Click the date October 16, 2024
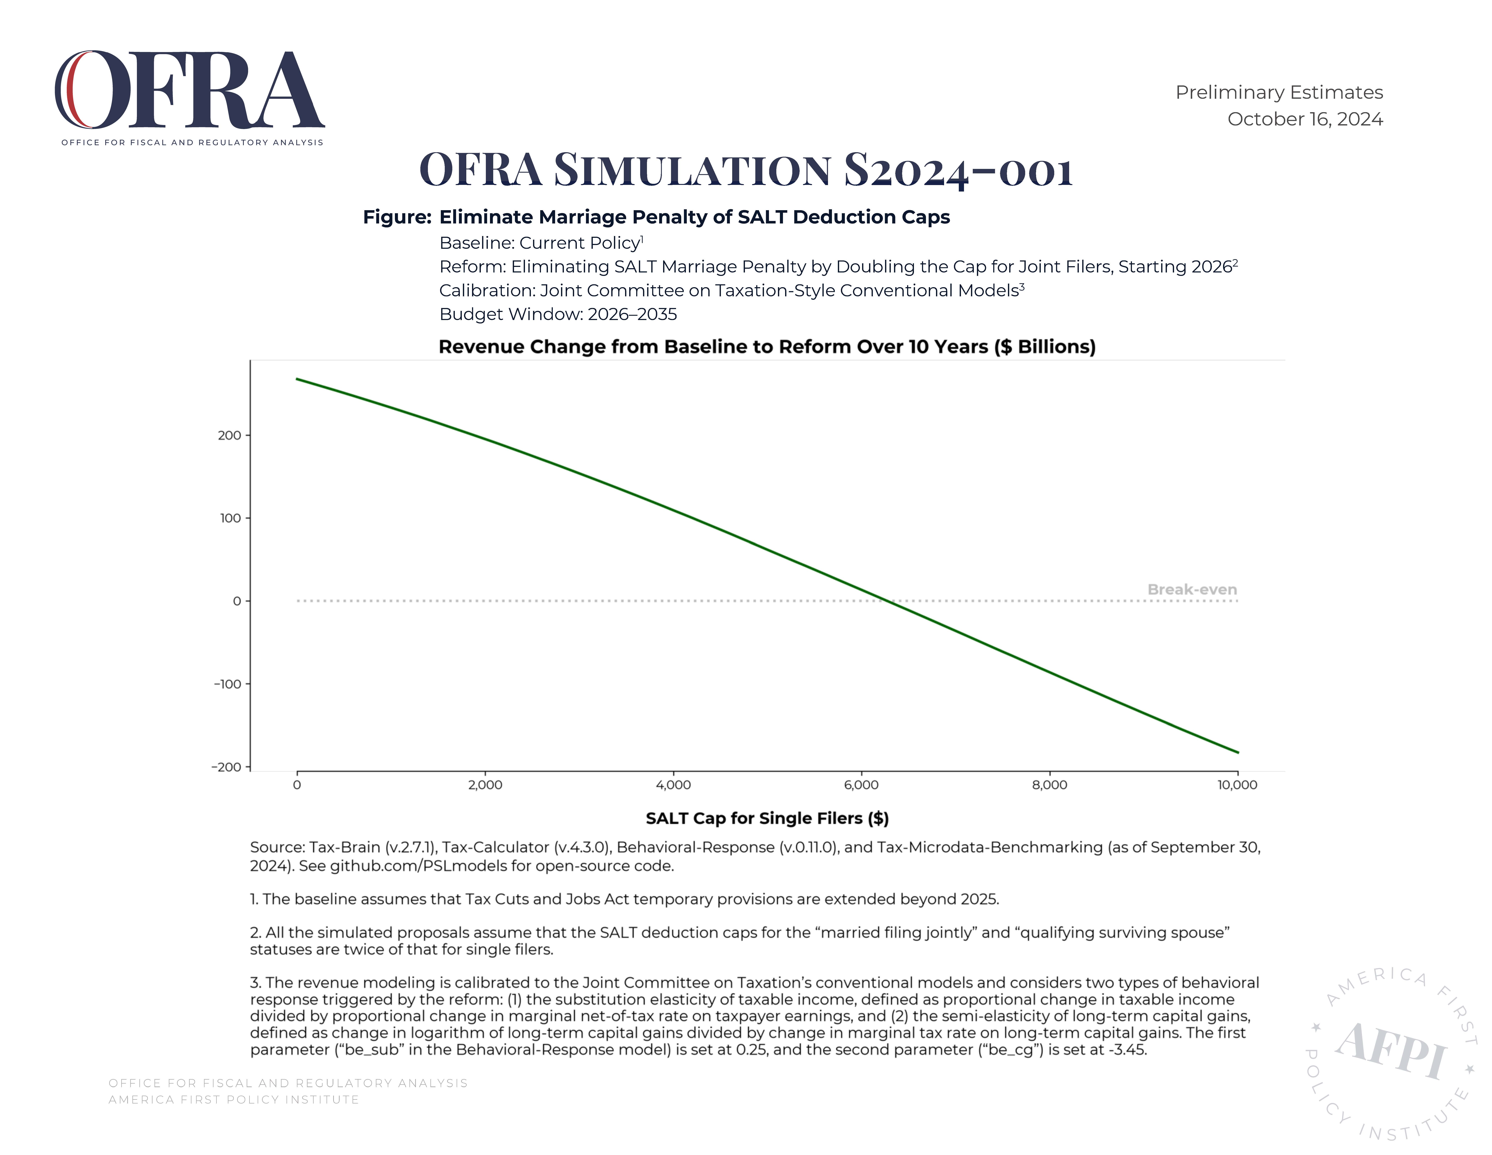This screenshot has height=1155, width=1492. point(1305,119)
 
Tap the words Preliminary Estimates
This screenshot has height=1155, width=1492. point(1279,92)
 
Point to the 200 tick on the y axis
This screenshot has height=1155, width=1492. point(229,435)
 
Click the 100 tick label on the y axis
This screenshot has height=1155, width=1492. point(230,518)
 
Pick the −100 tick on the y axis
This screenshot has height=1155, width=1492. point(227,684)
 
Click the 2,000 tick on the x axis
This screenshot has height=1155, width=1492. point(485,785)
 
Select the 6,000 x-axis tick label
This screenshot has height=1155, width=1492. point(862,785)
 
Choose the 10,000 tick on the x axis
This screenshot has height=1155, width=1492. point(1237,785)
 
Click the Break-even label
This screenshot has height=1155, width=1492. point(1192,589)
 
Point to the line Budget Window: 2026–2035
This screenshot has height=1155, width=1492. point(558,314)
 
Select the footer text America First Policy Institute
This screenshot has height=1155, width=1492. point(234,1100)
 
